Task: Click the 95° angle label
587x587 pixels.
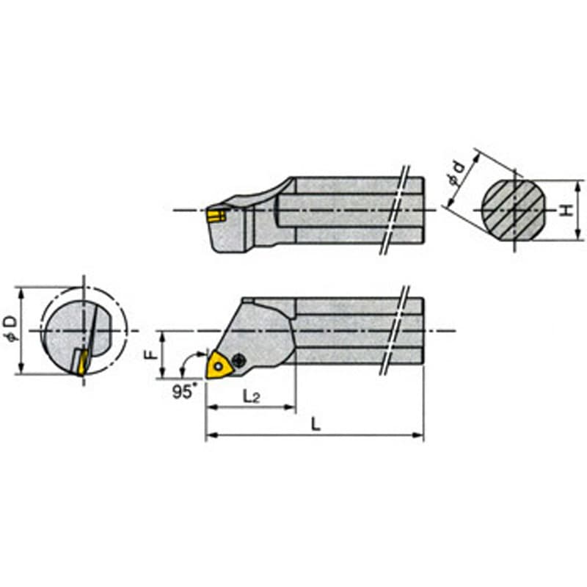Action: pos(184,392)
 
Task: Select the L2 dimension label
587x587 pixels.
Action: pos(251,396)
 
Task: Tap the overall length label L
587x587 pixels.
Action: pos(316,425)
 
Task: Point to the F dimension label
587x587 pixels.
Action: pos(151,354)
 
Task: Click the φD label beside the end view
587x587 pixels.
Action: pos(12,329)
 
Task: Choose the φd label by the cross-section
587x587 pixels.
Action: pos(457,173)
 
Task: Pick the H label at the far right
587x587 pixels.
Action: pos(568,210)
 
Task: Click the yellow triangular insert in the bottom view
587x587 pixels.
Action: pos(219,364)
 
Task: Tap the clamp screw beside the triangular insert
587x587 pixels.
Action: pos(238,360)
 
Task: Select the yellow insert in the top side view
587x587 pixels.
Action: pos(216,216)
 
